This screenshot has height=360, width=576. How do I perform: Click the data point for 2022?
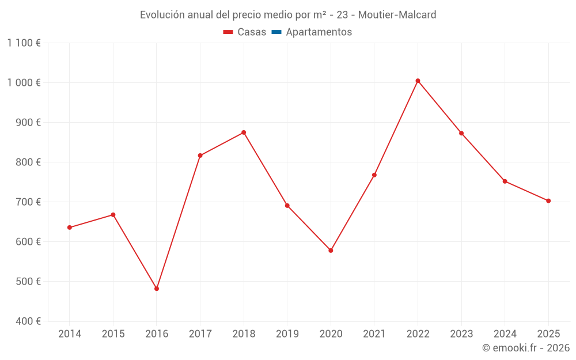[x=418, y=81]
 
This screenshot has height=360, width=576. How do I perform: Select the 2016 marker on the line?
[x=157, y=289]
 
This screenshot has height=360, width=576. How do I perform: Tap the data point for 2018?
[x=244, y=132]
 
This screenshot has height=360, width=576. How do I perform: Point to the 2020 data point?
[x=331, y=251]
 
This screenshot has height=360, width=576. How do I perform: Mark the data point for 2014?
[x=70, y=228]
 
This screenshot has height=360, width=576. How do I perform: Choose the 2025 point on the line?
[x=548, y=201]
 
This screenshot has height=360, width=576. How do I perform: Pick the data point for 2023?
[x=461, y=133]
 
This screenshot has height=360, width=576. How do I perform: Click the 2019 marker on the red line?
[x=287, y=206]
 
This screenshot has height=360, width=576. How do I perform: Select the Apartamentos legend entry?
[x=319, y=32]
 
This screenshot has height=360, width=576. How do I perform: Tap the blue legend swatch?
[x=276, y=32]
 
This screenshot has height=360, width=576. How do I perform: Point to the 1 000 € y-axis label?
[x=24, y=82]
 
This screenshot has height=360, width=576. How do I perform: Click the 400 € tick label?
[x=28, y=321]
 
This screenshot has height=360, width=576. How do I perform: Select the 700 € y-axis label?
[x=28, y=202]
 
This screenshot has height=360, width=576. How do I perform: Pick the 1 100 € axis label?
[x=24, y=43]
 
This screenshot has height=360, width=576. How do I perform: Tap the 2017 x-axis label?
[x=200, y=334]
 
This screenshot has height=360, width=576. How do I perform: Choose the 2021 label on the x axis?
[x=374, y=334]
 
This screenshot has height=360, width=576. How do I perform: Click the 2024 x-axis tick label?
[x=505, y=334]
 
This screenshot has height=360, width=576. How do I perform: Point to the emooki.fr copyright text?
[x=526, y=348]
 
